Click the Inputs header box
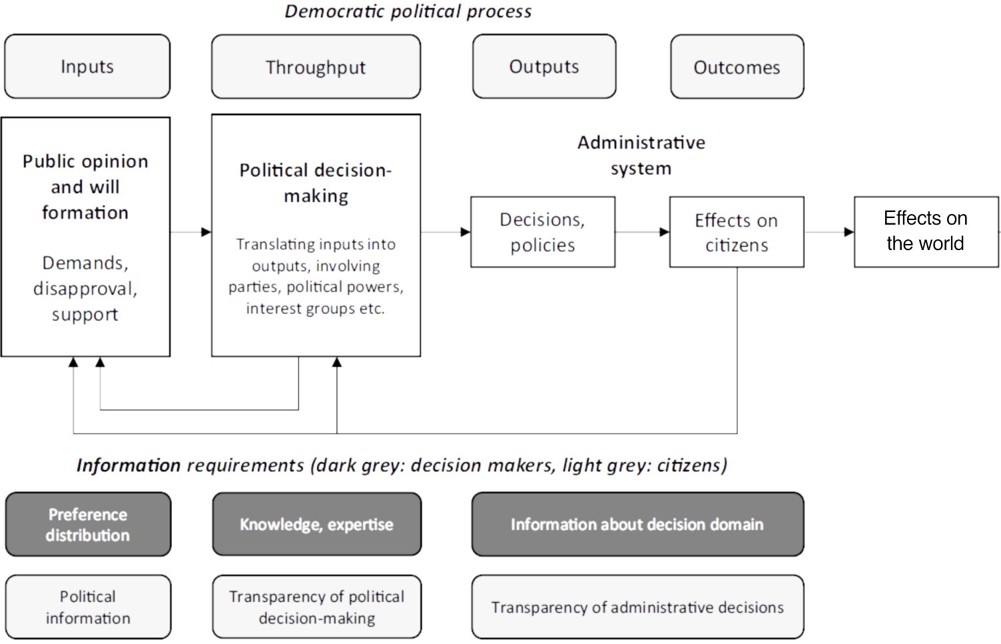87,67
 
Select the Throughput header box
316,67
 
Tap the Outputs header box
544,67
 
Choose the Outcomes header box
737,67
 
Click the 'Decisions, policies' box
542,232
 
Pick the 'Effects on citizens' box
737,232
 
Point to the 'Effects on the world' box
926,231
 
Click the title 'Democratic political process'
408,11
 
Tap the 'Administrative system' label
641,155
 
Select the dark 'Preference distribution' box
88,525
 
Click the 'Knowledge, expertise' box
316,525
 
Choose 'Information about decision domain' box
637,525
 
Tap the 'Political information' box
88,607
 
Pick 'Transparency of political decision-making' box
316,607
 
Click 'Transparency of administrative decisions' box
637,607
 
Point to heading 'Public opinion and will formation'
85,187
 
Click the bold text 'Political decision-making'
316,183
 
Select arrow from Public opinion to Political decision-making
191,232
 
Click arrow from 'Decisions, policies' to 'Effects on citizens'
642,232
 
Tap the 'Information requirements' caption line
402,465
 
